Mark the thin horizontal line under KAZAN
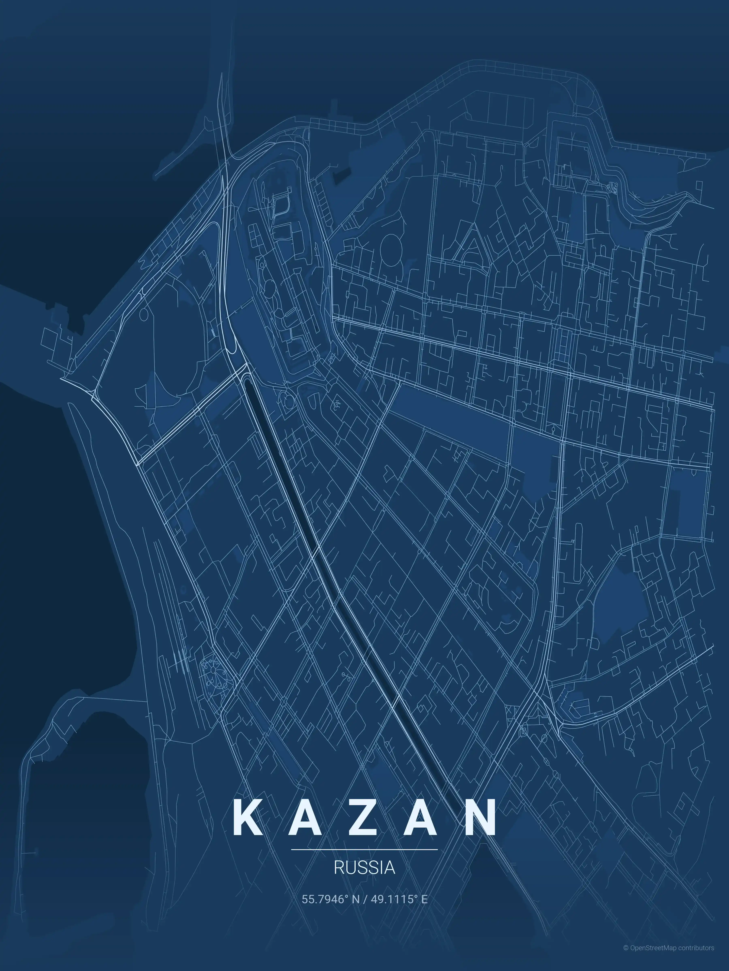364,849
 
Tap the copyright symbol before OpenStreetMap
626,956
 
